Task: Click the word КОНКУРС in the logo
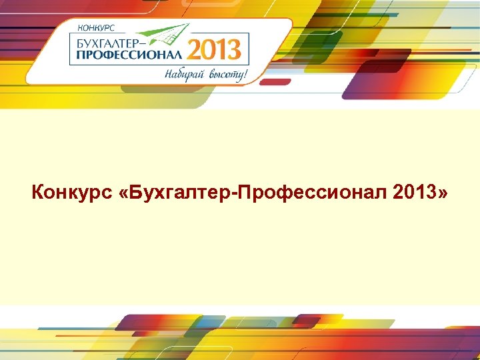97,28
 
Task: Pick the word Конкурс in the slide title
67,193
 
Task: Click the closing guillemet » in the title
443,194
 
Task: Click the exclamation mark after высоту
246,73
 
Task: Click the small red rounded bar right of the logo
275,82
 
